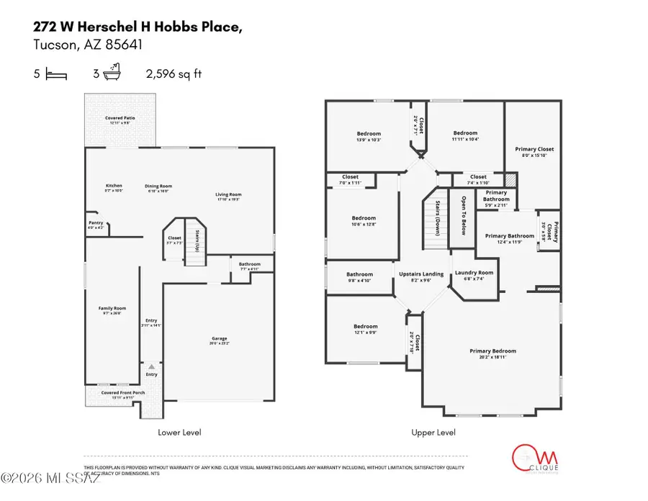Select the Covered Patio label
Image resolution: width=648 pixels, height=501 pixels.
click(120, 118)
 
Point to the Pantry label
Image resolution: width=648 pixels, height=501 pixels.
click(96, 223)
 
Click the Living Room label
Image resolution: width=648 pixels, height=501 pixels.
click(228, 194)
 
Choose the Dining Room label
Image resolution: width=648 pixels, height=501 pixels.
click(158, 186)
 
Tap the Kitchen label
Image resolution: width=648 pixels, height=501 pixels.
click(114, 186)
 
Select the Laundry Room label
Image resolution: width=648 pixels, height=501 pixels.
click(474, 273)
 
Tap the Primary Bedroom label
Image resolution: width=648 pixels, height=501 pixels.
click(492, 351)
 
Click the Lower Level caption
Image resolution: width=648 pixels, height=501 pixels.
click(179, 433)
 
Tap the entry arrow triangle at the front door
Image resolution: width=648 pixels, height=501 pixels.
click(152, 366)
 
